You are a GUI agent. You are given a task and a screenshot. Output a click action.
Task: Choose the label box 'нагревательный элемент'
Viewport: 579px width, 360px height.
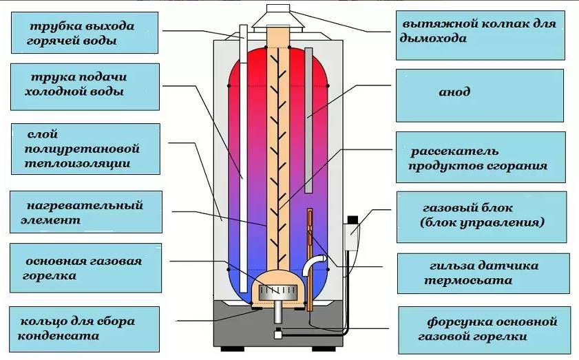pyautogui.click(x=86, y=213)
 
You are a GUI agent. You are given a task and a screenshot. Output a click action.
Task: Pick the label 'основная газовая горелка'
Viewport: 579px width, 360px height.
pyautogui.click(x=85, y=268)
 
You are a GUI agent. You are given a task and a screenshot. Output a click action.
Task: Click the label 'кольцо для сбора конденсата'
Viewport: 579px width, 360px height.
pyautogui.click(x=85, y=328)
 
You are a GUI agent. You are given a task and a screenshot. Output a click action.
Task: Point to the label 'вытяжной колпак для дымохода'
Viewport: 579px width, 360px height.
pyautogui.click(x=479, y=31)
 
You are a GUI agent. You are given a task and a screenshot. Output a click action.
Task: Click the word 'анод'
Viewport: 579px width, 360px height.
pyautogui.click(x=454, y=92)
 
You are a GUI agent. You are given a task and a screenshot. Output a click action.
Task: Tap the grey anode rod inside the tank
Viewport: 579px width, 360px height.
pyautogui.click(x=308, y=117)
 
